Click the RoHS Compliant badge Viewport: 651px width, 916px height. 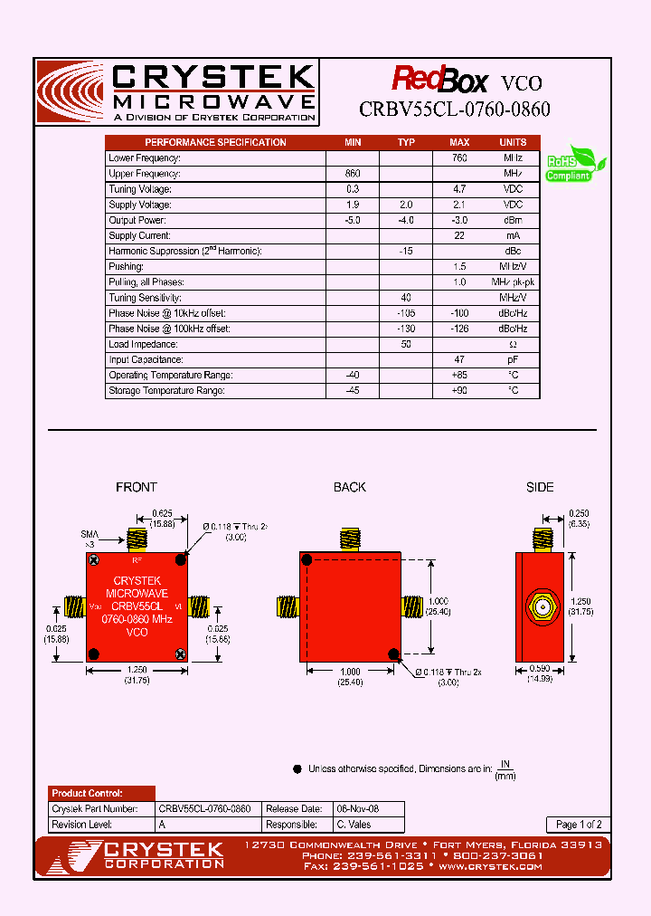(575, 164)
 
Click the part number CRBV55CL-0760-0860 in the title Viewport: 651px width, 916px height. (455, 110)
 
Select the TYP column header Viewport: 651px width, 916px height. (406, 142)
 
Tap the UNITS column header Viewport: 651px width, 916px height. (513, 142)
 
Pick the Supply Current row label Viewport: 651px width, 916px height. (136, 235)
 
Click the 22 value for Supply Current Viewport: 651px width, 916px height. (459, 235)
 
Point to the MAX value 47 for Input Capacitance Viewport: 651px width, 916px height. (459, 359)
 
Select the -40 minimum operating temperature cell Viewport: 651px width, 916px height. (353, 375)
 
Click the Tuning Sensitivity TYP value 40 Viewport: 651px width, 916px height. (406, 298)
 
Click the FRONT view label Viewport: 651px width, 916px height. (137, 487)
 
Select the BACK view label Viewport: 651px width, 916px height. (349, 487)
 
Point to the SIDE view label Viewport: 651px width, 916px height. (540, 487)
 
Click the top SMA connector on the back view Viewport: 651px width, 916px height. (349, 538)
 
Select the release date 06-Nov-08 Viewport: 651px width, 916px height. (357, 808)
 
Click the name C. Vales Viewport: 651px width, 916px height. (354, 825)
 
